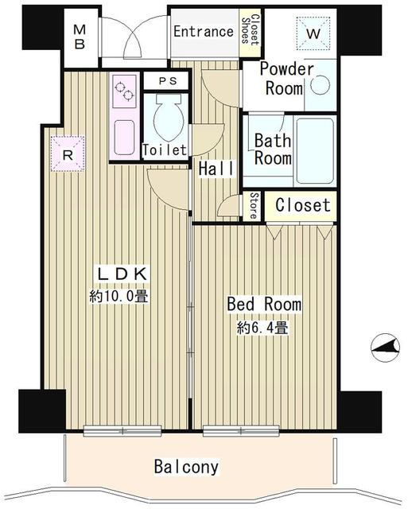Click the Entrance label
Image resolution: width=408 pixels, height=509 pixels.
pyautogui.click(x=203, y=33)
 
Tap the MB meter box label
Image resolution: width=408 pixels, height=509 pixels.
pyautogui.click(x=80, y=37)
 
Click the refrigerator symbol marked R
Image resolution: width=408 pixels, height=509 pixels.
pyautogui.click(x=68, y=154)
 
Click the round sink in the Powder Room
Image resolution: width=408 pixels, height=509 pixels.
pyautogui.click(x=320, y=86)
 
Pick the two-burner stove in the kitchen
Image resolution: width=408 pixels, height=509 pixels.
pyautogui.click(x=126, y=94)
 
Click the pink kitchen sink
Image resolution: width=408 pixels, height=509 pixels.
pyautogui.click(x=126, y=134)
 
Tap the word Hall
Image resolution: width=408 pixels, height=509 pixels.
pyautogui.click(x=216, y=169)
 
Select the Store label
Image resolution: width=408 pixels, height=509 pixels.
pyautogui.click(x=254, y=205)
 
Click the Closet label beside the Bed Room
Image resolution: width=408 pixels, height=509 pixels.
pyautogui.click(x=301, y=205)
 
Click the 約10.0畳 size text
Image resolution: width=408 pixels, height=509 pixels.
pyautogui.click(x=120, y=297)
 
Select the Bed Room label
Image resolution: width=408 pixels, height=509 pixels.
pyautogui.click(x=264, y=305)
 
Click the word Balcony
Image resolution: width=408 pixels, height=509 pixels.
pyautogui.click(x=187, y=467)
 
